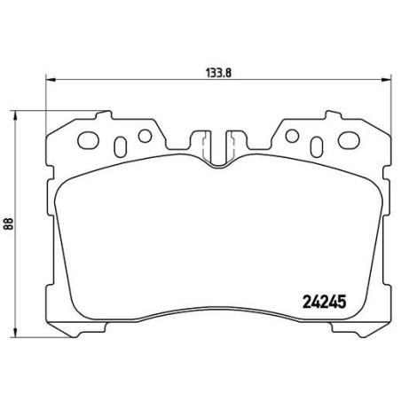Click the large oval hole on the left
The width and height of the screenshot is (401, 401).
[x=90, y=139]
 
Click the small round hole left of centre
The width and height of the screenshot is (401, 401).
[x=142, y=136]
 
